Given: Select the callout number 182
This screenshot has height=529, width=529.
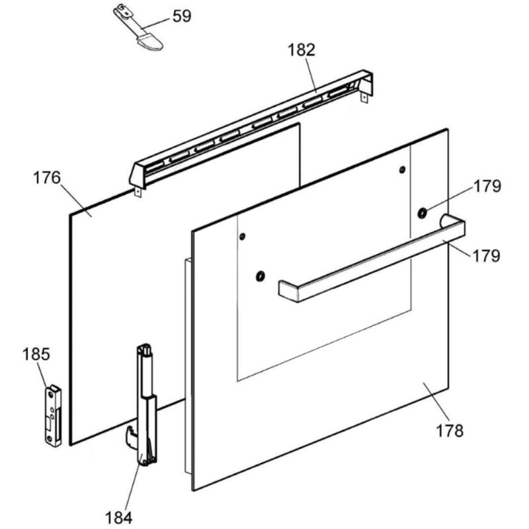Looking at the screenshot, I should [301, 50].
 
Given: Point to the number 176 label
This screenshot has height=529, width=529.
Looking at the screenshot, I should [47, 178].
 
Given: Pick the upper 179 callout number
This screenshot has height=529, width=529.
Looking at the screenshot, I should [487, 186].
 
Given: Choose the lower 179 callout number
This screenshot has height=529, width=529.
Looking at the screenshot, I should [487, 255].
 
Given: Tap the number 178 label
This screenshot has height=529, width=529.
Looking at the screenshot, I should [450, 430].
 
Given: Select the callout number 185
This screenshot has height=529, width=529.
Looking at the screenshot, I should [36, 354].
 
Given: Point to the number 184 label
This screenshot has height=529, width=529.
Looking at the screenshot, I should [119, 516].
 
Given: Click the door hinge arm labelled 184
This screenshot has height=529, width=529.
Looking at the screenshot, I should [146, 403].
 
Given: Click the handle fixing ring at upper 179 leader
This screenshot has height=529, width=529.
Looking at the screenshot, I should [421, 212].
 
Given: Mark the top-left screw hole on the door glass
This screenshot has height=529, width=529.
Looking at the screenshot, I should [243, 236].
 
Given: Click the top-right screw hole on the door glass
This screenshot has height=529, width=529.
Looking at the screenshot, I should [402, 171].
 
